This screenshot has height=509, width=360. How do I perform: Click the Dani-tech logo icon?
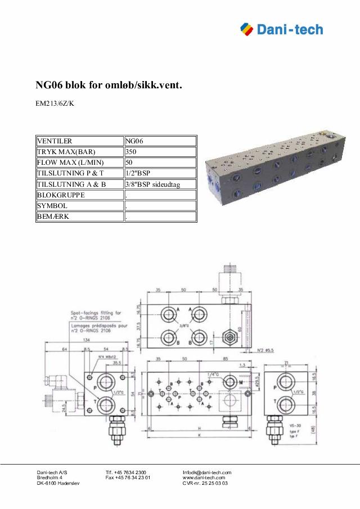pyautogui.click(x=247, y=28)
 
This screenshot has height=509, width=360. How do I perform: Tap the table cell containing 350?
pyautogui.click(x=160, y=152)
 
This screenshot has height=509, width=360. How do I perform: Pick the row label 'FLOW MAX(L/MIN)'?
pyautogui.click(x=79, y=163)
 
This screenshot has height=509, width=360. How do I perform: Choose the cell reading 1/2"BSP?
pyautogui.click(x=160, y=173)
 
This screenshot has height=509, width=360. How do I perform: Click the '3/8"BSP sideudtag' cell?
pyautogui.click(x=160, y=184)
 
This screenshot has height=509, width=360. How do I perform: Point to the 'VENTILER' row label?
pyautogui.click(x=79, y=141)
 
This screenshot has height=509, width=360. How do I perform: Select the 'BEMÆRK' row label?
pyautogui.click(x=79, y=217)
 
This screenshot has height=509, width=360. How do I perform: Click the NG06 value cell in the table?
pyautogui.click(x=160, y=141)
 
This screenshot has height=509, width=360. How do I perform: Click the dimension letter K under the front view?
pyautogui.click(x=199, y=435)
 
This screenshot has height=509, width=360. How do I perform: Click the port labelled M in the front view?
pyautogui.click(x=229, y=382)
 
